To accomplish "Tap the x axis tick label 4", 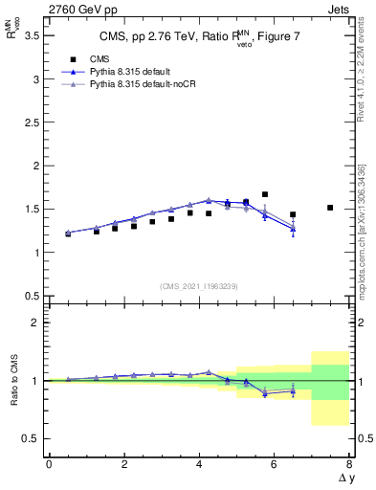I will (199, 464).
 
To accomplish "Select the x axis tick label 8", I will (349, 464).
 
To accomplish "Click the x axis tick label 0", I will (49, 464).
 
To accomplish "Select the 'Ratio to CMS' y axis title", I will (16, 381).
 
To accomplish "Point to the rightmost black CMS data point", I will (330, 208).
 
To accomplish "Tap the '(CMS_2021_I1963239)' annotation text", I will (198, 285).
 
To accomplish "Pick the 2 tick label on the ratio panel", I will (34, 323).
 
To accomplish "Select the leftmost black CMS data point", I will (67, 234).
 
